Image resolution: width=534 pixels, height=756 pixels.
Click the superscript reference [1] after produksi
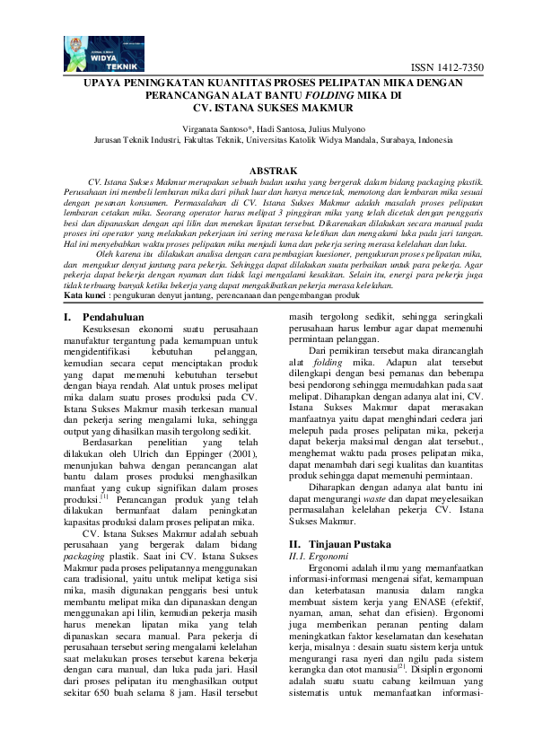click(x=104, y=496)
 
